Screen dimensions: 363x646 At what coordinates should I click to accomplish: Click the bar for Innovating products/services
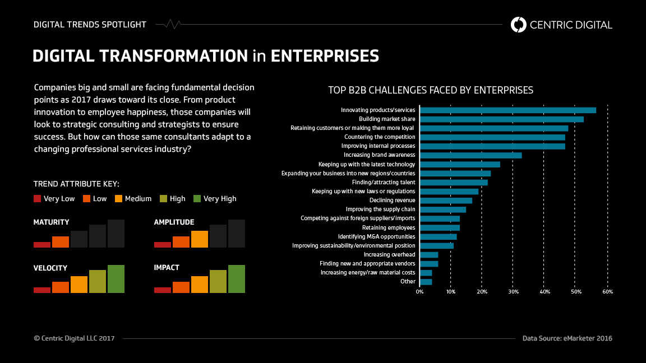point(507,110)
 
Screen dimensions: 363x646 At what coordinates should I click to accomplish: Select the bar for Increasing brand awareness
point(470,155)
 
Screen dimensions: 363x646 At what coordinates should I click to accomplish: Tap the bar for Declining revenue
point(446,201)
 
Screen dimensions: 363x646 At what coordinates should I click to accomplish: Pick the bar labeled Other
point(426,282)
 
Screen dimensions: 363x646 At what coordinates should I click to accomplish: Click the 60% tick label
point(607,292)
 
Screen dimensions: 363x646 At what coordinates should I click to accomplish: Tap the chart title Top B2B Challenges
point(430,90)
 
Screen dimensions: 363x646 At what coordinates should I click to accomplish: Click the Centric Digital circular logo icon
point(519,25)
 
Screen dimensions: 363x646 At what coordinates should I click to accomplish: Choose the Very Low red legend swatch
point(38,198)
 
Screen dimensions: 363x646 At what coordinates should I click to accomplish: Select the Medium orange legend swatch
point(119,198)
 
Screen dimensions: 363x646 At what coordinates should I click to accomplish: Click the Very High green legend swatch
point(197,198)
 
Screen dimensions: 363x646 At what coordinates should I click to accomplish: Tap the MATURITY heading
point(52,222)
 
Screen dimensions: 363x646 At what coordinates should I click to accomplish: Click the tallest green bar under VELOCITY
point(116,279)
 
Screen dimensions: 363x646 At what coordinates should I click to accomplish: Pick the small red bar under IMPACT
point(163,290)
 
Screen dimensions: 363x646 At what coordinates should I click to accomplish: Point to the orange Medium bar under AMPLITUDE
point(200,239)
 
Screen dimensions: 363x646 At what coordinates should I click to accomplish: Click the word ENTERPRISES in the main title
point(325,56)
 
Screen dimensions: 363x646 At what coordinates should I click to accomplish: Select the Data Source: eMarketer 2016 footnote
point(567,338)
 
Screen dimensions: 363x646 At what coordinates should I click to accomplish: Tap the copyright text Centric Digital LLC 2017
point(74,338)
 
